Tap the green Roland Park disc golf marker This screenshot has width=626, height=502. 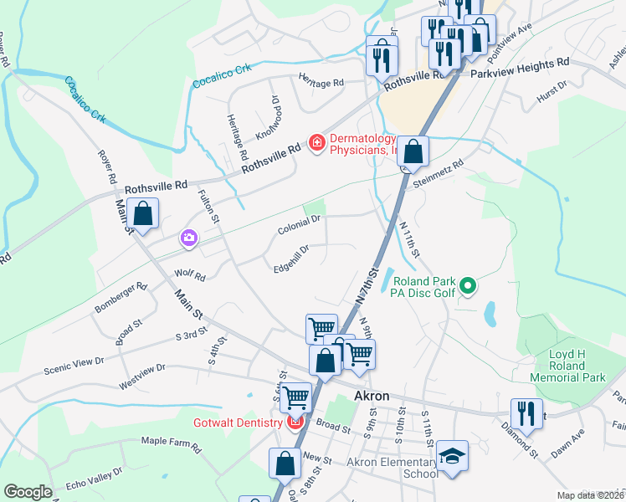469,287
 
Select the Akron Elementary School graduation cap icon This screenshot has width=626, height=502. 453,456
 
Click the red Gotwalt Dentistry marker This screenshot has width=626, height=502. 295,423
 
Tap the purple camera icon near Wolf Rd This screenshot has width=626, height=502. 189,239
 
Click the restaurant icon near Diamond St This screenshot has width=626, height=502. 526,412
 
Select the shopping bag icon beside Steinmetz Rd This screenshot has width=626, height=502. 413,151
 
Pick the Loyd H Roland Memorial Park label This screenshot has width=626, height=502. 577,366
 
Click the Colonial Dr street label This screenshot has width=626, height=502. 299,224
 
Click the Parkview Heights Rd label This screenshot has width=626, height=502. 519,64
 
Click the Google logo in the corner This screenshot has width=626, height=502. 28,492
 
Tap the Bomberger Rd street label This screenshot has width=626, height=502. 121,297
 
